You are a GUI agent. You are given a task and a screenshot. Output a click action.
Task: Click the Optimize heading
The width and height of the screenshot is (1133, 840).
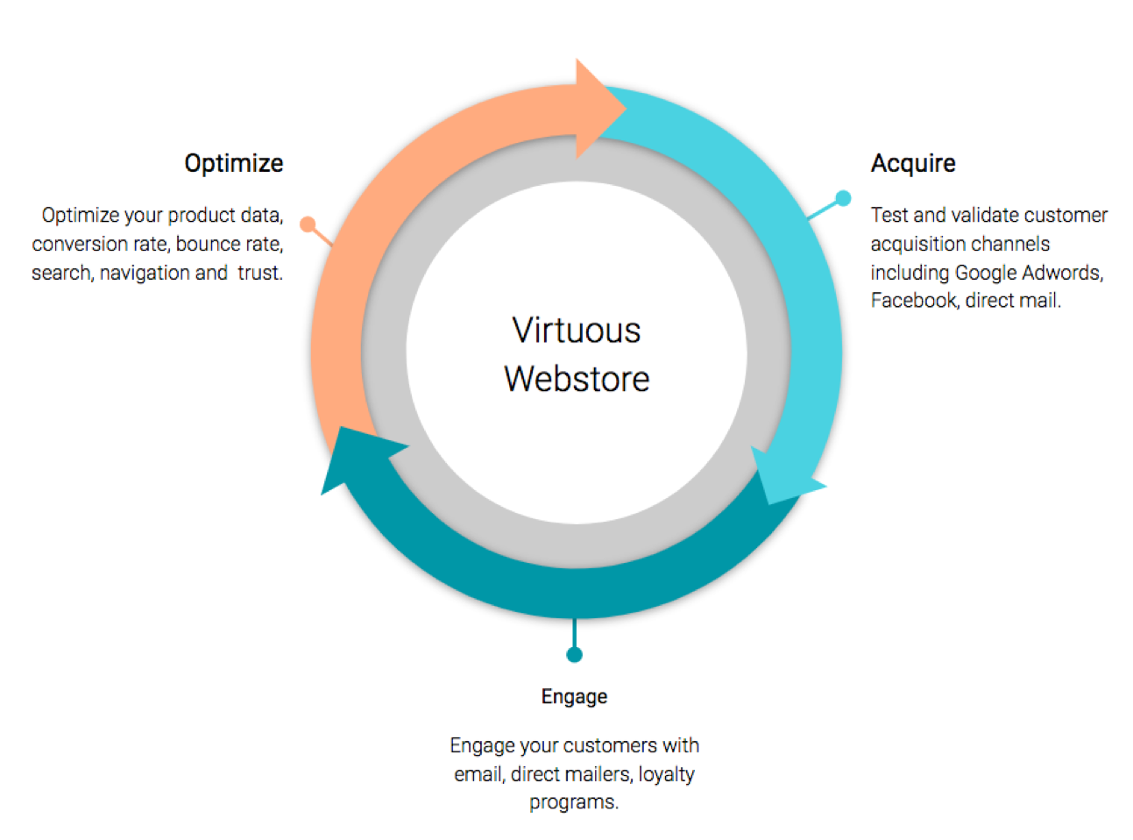click(234, 164)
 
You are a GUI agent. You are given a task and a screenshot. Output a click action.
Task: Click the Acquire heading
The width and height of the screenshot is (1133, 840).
click(913, 164)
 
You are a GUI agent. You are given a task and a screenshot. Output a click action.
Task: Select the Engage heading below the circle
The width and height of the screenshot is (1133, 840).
click(574, 697)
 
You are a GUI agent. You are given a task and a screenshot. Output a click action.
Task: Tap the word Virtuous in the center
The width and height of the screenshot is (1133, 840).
click(577, 331)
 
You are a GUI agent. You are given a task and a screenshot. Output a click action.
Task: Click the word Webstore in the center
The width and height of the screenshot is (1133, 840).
click(577, 379)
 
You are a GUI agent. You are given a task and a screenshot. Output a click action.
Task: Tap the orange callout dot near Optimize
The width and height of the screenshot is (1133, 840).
click(308, 224)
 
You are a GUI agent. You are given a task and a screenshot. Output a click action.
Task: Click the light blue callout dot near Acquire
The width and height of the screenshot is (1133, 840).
click(843, 198)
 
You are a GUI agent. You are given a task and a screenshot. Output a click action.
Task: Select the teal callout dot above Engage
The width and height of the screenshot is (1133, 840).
click(574, 655)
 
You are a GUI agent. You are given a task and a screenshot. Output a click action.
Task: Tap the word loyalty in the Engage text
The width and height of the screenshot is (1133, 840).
click(666, 775)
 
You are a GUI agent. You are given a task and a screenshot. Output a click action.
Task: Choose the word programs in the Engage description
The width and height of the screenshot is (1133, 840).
click(572, 803)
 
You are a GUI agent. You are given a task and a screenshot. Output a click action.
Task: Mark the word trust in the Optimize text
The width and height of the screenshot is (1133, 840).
click(259, 274)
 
